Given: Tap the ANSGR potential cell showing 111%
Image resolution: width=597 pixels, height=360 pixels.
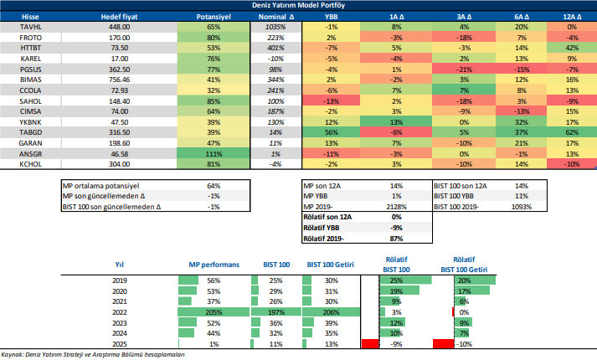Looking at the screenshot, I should pyautogui.click(x=213, y=155).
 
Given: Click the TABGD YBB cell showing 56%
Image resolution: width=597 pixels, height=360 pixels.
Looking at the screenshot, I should pyautogui.click(x=332, y=132).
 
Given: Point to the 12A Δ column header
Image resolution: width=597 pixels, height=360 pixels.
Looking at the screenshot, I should pyautogui.click(x=572, y=16).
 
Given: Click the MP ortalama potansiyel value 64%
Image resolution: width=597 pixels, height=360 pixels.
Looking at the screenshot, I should pyautogui.click(x=213, y=185).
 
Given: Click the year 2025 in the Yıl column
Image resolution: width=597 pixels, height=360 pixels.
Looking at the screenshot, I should pyautogui.click(x=119, y=344).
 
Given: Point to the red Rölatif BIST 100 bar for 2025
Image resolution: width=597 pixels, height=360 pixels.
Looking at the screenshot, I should pyautogui.click(x=368, y=344).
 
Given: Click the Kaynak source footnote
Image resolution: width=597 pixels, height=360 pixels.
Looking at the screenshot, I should pyautogui.click(x=92, y=355).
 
